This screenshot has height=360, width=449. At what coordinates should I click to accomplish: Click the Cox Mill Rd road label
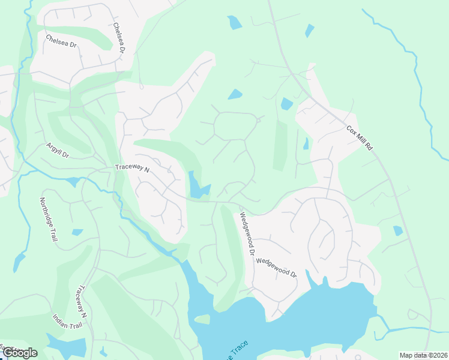click(360, 138)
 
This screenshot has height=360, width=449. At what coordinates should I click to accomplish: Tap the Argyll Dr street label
click(58, 151)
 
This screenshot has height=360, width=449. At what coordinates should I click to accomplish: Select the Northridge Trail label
click(49, 220)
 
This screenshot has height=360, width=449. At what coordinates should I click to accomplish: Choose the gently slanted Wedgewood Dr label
click(276, 267)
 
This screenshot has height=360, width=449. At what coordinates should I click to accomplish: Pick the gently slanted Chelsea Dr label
click(61, 42)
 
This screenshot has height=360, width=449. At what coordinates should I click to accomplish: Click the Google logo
click(20, 353)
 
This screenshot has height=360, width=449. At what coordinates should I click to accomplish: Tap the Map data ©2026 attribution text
click(423, 355)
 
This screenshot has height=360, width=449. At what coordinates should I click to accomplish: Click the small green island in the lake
click(202, 319)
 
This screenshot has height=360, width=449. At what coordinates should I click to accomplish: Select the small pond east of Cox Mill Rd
click(397, 230)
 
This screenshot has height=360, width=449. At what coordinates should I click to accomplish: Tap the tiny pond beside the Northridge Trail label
click(77, 232)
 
